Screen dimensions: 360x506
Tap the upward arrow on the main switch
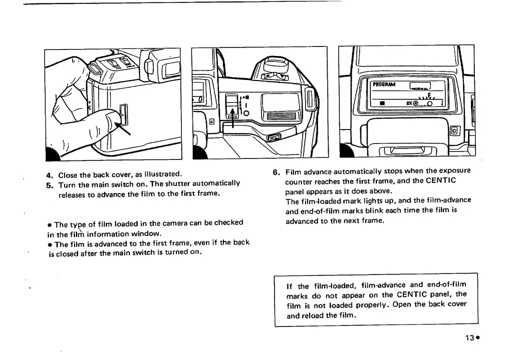pyautogui.click(x=232, y=111)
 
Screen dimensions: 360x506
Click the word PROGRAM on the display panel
pyautogui.click(x=384, y=84)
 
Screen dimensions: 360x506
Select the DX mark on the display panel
pyautogui.click(x=409, y=103)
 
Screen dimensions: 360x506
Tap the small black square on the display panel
pyautogui.click(x=382, y=103)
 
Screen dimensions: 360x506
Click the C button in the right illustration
pyautogui.click(x=454, y=131)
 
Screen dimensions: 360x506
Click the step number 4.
pyautogui.click(x=49, y=175)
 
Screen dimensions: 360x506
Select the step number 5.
pyautogui.click(x=49, y=184)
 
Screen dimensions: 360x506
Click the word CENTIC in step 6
pyautogui.click(x=442, y=181)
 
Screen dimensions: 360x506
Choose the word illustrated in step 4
pyautogui.click(x=161, y=175)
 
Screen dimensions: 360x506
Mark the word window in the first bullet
pyautogui.click(x=147, y=233)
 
